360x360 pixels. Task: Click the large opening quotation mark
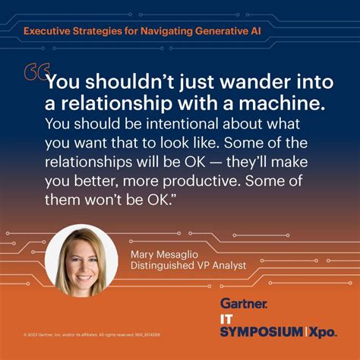(33, 74)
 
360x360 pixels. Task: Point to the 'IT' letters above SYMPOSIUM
(229, 318)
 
